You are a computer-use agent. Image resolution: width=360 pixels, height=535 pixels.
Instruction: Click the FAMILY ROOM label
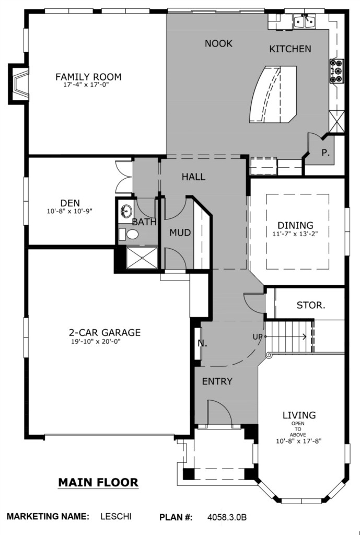point(88,77)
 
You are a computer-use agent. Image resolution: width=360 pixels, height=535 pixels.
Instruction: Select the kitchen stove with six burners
point(337,71)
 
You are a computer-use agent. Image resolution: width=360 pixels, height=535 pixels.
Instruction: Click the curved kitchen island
point(273,94)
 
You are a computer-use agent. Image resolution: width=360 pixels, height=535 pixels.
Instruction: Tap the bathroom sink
point(126,211)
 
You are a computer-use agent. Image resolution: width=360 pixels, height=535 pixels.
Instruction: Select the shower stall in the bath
point(142,258)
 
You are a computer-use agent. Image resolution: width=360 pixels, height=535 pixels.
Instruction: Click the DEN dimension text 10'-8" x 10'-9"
point(69,212)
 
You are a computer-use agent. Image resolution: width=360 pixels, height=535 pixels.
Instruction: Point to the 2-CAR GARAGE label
point(104,332)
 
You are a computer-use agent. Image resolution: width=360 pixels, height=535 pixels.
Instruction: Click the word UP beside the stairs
point(258,337)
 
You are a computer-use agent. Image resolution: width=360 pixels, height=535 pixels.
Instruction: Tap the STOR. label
point(311,305)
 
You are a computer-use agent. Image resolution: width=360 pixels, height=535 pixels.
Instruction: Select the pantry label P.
point(326,153)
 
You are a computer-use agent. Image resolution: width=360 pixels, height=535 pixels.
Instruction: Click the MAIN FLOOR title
point(98,482)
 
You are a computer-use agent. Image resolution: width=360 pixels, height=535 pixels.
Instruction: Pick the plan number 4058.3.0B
point(227,517)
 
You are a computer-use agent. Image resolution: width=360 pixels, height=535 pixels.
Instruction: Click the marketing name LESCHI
point(115,516)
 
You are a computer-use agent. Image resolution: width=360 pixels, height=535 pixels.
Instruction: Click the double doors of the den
point(123,178)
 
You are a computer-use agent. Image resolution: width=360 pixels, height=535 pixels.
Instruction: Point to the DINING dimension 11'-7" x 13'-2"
point(293,234)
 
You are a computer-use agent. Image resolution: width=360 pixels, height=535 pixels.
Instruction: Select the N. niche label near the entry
point(202,343)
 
